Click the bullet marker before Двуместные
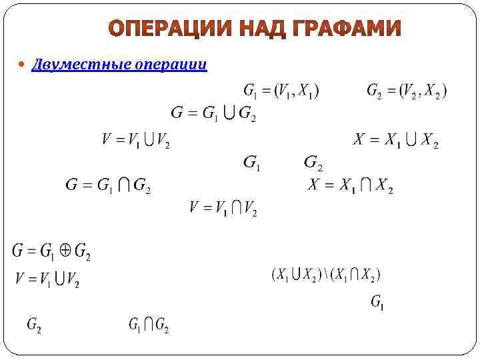coord(23,65)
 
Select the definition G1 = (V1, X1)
coord(281,91)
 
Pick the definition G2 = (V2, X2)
coord(407,91)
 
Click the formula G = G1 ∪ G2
coord(213,113)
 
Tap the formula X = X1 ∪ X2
coord(395,141)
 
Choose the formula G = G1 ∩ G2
coord(107,186)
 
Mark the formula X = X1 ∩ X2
coord(350,187)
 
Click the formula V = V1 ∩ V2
coord(223,209)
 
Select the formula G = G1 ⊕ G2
coord(51,252)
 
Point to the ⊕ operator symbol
coord(65,251)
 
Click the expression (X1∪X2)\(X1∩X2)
coord(326,274)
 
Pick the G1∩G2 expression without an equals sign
coord(148,325)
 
